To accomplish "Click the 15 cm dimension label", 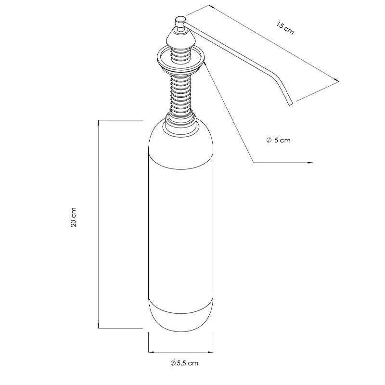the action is [x=285, y=28].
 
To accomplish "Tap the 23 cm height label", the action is [x=74, y=217].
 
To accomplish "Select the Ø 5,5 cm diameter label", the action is [x=184, y=363].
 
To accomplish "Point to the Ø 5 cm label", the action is [x=278, y=140].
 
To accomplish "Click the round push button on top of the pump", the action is [x=180, y=21].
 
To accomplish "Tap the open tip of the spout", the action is [x=291, y=105].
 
